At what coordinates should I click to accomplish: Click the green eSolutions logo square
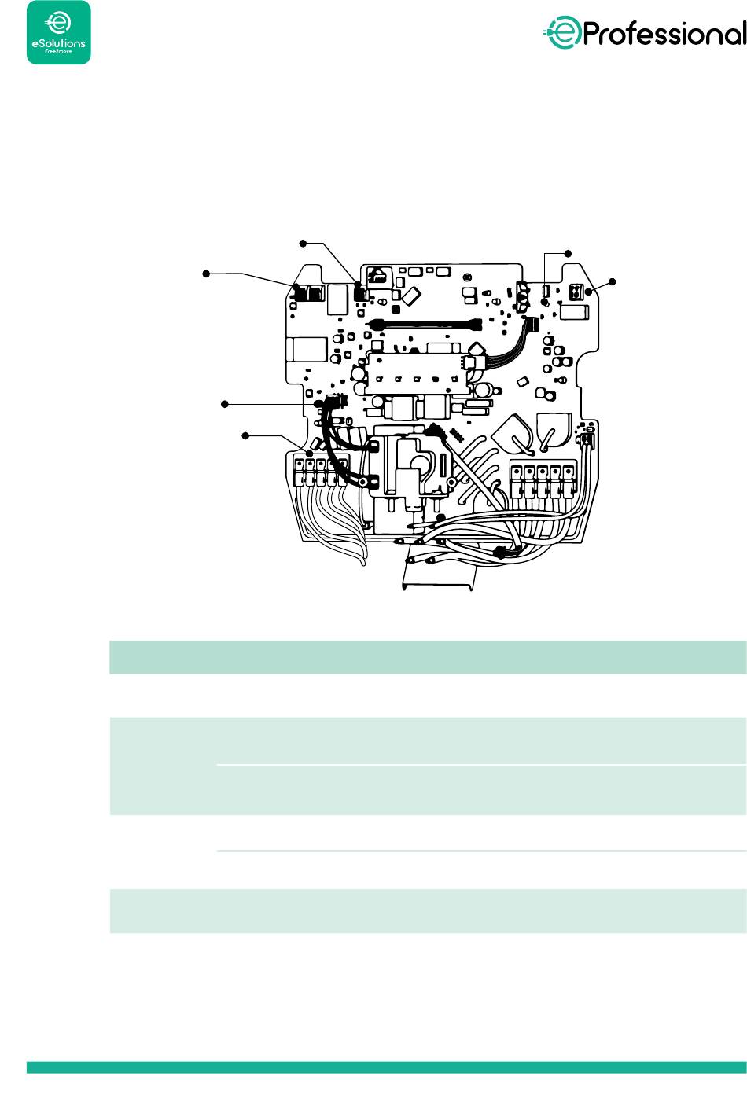[x=59, y=32]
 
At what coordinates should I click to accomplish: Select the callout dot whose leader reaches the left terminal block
[x=246, y=435]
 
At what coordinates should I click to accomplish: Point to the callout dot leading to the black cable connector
[x=225, y=403]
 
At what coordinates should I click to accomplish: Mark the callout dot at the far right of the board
[x=613, y=281]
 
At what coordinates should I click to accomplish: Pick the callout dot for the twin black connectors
[x=206, y=273]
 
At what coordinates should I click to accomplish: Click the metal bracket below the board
[x=440, y=578]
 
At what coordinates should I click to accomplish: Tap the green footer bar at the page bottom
[x=386, y=1067]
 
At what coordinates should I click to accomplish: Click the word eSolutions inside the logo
[x=58, y=45]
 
